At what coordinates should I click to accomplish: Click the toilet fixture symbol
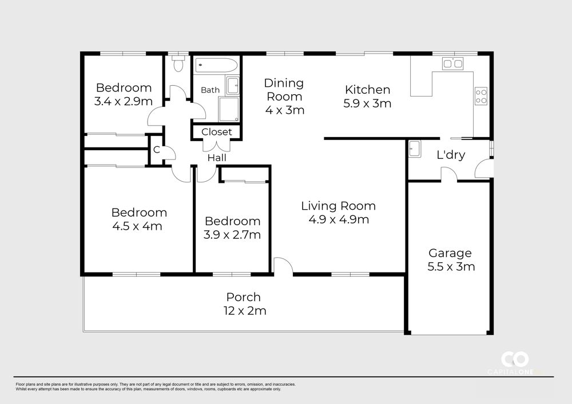pos(178,63)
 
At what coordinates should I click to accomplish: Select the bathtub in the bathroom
pos(216,66)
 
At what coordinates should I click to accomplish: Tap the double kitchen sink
pos(452,63)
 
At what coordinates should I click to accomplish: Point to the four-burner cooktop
pos(481,96)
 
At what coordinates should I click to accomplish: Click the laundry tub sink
pos(414,149)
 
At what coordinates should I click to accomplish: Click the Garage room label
pos(450,253)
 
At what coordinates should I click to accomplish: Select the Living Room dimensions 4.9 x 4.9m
pos(339,219)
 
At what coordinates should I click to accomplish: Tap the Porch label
pos(243,297)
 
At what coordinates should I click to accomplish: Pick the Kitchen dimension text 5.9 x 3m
pos(367,103)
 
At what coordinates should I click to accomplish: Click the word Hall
pos(217,158)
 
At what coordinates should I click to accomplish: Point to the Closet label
pos(216,131)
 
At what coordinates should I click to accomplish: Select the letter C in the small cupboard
pos(157,150)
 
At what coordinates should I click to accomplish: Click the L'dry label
pos(451,155)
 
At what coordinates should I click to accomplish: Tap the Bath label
pos(210,90)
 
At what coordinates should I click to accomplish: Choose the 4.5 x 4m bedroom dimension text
pos(137,226)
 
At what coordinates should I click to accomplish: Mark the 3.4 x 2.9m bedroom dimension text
pos(124,101)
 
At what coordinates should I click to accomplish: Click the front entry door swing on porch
pos(283,265)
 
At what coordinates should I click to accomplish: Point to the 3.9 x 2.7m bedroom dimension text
pos(232,235)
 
